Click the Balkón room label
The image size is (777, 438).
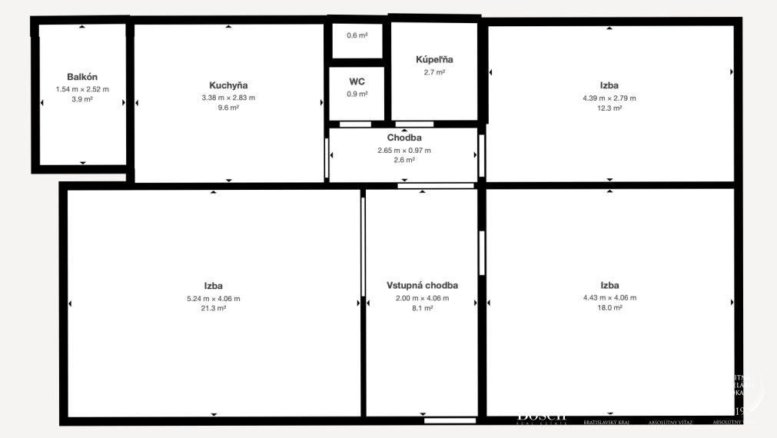[82, 77]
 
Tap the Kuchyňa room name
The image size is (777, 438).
[228, 85]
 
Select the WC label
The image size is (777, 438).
[357, 81]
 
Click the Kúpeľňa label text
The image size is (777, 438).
[434, 59]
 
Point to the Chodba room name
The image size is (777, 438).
[404, 138]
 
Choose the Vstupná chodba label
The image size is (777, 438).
[422, 285]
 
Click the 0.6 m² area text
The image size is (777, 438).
[357, 35]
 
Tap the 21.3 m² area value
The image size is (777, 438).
[214, 308]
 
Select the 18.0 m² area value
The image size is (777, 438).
[609, 307]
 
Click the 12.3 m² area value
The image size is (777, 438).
[609, 108]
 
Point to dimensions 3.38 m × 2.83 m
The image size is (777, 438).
[228, 98]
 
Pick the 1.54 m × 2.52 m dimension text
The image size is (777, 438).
[82, 89]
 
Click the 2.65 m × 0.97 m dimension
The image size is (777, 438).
[404, 150]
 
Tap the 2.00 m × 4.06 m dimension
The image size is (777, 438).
[422, 298]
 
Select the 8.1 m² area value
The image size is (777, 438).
[422, 308]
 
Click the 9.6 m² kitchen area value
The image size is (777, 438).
[228, 108]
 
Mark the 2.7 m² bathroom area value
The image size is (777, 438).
[434, 72]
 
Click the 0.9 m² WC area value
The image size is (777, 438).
[357, 94]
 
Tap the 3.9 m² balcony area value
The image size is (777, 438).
[82, 100]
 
